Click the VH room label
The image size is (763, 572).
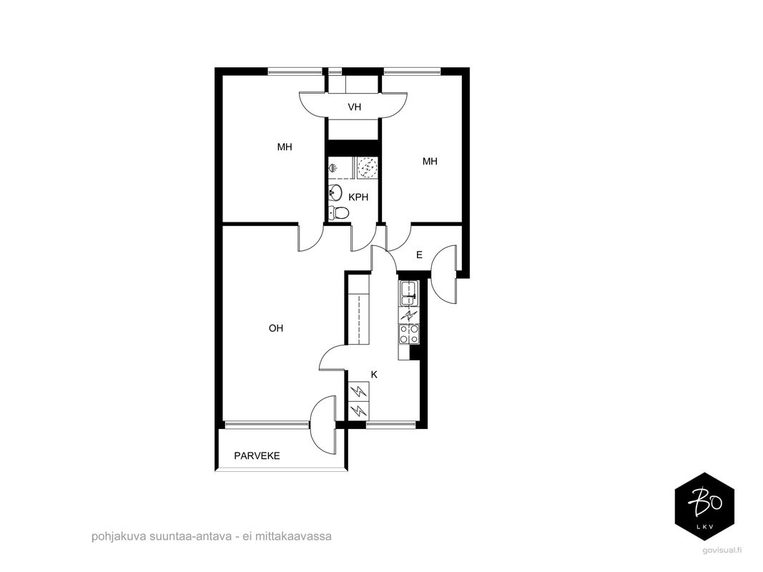click(354, 107)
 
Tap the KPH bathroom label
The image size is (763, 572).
click(358, 197)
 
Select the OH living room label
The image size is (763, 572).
click(276, 328)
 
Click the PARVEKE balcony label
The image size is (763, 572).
click(257, 456)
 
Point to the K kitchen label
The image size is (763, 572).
click(374, 375)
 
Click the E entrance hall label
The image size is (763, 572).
click(419, 255)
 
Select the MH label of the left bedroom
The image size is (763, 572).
click(285, 147)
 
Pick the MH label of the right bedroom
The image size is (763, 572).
click(430, 162)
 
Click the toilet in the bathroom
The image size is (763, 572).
click(338, 212)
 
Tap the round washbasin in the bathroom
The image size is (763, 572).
click(335, 193)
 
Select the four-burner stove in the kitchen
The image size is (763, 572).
click(409, 334)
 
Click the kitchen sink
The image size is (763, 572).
click(408, 293)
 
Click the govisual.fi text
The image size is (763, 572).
click(723, 550)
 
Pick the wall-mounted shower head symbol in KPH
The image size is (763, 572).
click(333, 169)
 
